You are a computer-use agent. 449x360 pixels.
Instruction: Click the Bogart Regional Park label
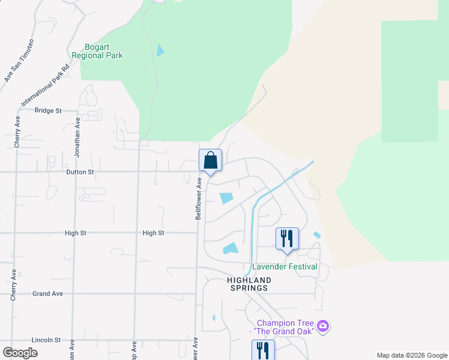97,51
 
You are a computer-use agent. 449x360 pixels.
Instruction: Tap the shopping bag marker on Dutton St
210,161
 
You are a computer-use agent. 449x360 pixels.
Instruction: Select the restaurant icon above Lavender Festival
287,238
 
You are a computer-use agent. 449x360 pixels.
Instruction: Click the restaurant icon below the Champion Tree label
263,350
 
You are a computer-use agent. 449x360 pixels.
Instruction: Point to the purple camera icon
324,326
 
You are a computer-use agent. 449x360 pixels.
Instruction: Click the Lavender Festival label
285,266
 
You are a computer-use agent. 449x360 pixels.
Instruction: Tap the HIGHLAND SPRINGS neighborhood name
249,284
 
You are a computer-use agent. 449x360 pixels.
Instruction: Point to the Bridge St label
48,110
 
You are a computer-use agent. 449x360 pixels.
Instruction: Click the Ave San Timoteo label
19,60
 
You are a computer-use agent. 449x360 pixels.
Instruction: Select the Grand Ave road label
48,293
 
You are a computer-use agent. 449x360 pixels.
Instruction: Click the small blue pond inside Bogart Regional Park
160,50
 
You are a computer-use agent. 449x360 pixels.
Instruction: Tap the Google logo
20,353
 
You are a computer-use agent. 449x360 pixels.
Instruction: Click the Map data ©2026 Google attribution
411,355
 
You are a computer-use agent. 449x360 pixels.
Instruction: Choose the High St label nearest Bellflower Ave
154,233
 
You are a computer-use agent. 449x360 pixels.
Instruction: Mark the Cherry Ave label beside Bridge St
17,132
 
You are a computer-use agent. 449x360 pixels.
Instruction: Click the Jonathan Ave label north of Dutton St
77,137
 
